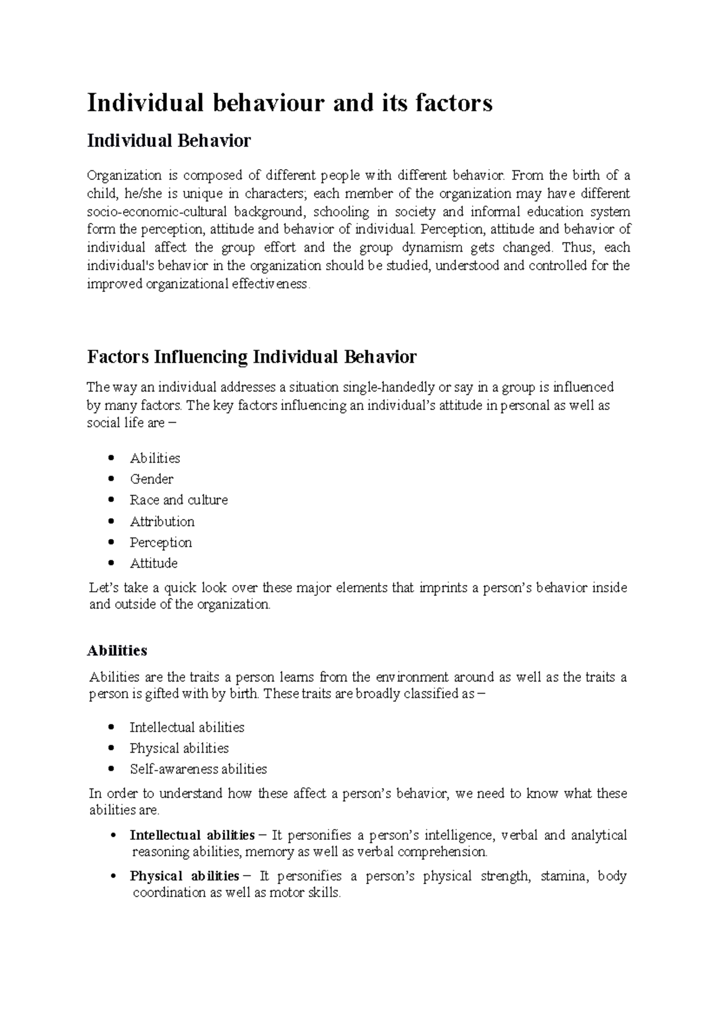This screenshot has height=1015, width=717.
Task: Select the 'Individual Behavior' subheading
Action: point(169,141)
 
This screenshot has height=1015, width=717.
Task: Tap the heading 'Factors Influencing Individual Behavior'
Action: point(252,357)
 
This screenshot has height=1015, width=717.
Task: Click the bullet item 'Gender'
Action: point(152,479)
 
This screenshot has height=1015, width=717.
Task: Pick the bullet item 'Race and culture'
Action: point(179,500)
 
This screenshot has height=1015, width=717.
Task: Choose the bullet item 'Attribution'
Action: point(162,521)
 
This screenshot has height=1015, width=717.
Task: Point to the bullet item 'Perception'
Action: point(161,542)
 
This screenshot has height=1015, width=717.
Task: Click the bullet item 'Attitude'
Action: point(154,563)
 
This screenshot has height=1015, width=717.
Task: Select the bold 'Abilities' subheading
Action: point(117,650)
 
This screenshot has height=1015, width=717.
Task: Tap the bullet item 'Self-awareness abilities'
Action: point(198,769)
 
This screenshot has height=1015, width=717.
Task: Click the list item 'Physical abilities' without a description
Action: point(179,748)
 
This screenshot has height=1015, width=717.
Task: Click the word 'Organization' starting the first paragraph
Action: point(124,175)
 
